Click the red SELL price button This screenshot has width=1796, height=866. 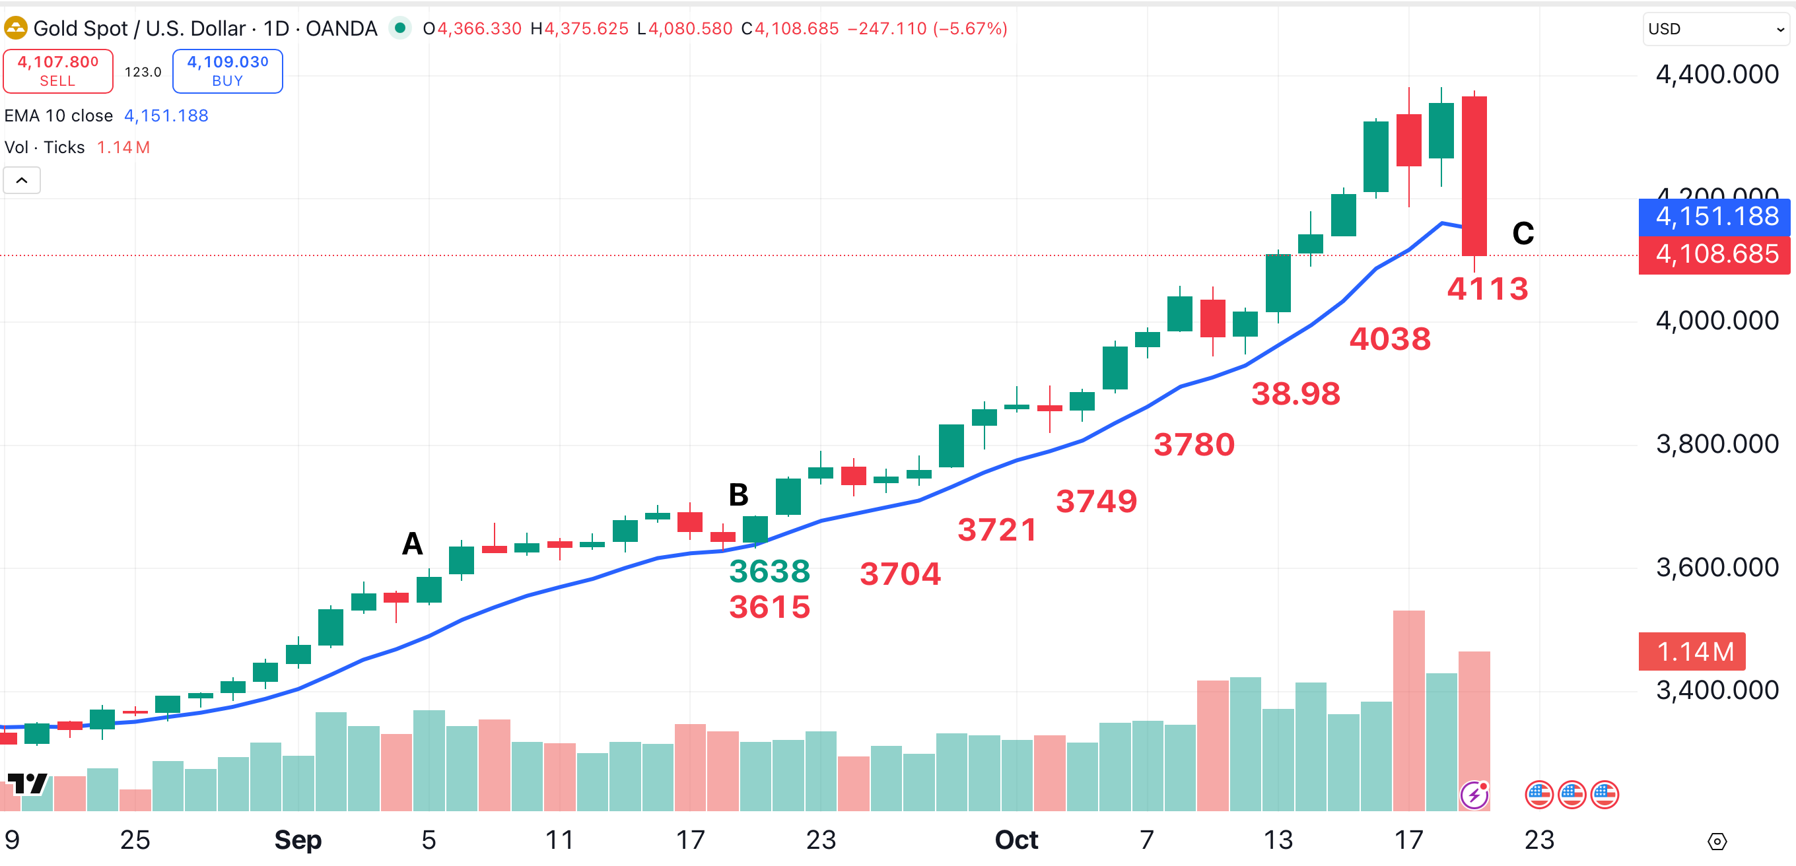click(58, 71)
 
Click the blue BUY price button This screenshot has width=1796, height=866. click(227, 71)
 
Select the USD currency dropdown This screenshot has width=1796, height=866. click(1715, 29)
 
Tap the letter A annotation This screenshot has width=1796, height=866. click(412, 543)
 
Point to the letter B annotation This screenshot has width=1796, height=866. click(738, 495)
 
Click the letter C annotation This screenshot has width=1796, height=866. click(1523, 234)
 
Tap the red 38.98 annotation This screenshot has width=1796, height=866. click(1295, 394)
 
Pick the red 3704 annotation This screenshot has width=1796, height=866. click(900, 574)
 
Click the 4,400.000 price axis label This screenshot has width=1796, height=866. click(1717, 75)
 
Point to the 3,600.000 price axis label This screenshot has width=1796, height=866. click(1717, 567)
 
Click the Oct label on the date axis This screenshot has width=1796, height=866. click(1016, 840)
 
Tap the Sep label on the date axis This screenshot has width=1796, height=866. click(298, 840)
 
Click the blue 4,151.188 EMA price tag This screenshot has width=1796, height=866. click(1715, 216)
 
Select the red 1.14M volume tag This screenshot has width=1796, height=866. click(1692, 652)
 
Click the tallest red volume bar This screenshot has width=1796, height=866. click(1408, 711)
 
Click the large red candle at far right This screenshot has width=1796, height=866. click(1474, 176)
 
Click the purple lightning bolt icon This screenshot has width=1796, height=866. click(1474, 795)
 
